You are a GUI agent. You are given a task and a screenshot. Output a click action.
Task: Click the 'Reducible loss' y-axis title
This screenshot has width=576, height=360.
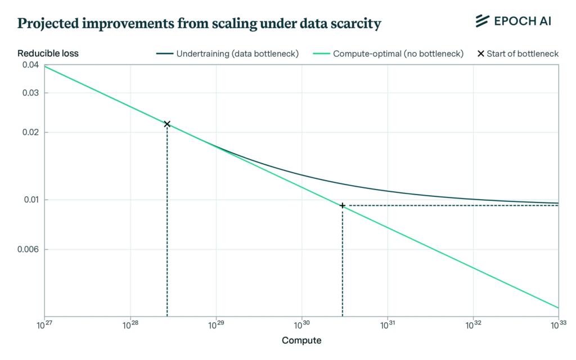[x=48, y=54]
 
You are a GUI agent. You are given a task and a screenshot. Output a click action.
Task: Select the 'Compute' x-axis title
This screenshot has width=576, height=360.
[x=301, y=340]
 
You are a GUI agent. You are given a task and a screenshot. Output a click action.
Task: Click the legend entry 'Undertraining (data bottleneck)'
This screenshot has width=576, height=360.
[x=237, y=54]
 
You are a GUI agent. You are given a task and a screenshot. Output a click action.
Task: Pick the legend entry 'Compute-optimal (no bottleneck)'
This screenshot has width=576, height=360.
[x=398, y=54]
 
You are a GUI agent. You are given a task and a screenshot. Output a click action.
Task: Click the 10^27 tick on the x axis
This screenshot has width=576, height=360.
[x=44, y=325]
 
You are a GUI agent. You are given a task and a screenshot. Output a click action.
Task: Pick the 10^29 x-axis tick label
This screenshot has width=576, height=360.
[x=216, y=325]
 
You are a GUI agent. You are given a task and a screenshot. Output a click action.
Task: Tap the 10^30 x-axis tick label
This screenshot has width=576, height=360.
[x=301, y=325]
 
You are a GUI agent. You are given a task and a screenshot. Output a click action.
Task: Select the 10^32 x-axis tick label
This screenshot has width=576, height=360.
[x=473, y=325]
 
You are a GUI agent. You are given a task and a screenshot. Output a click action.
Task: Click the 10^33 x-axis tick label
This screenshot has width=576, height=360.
[x=558, y=325]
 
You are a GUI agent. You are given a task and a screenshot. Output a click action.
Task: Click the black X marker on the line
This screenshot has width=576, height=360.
[x=167, y=124]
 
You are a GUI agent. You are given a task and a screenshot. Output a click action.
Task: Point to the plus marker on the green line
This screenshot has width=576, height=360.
[x=342, y=205]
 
